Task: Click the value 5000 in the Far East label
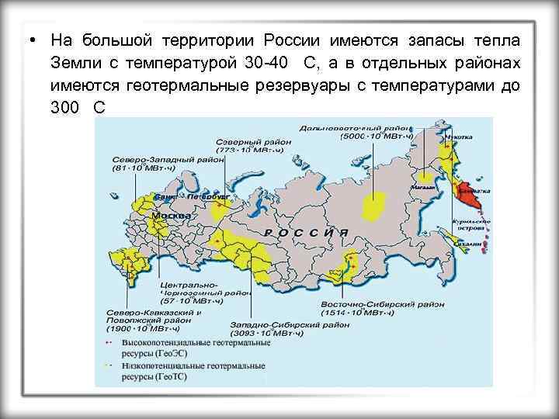[x=357, y=136]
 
